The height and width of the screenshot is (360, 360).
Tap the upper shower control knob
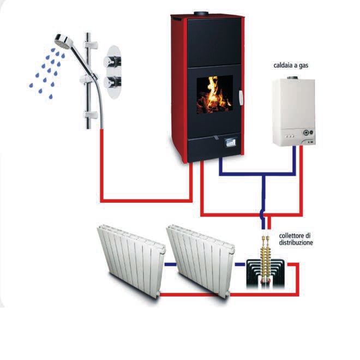(112, 62)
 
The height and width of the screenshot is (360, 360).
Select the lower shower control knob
(112, 82)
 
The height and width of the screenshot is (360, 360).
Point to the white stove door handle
(241, 98)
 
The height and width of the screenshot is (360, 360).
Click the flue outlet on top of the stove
(201, 14)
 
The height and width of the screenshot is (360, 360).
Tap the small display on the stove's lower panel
(230, 143)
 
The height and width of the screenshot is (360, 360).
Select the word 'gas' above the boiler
(303, 66)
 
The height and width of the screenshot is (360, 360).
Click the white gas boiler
(294, 112)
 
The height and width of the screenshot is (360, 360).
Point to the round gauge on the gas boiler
(306, 133)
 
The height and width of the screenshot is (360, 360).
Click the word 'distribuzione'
(296, 242)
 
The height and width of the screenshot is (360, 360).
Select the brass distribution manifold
(266, 260)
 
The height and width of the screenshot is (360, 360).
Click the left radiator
(131, 261)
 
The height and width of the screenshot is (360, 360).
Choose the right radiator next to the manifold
(201, 261)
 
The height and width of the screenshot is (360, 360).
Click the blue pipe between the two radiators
(171, 265)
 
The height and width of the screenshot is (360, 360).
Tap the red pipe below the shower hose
(102, 165)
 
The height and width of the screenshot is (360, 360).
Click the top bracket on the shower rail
(91, 45)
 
